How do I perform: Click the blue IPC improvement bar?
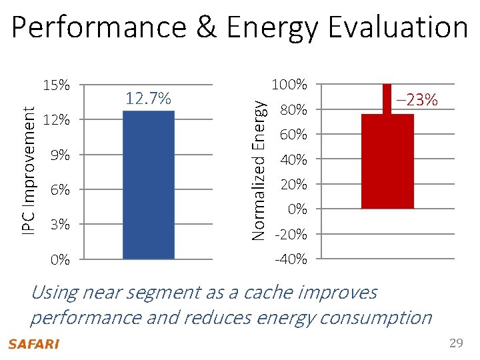coord(149,185)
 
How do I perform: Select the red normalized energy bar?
coord(387,161)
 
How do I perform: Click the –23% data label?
coord(416,101)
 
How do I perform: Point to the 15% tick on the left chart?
coord(56,85)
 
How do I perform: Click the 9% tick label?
coord(60,155)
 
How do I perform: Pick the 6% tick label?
coord(60,190)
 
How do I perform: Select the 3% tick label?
coord(60,225)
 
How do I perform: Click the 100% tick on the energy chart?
coord(291,85)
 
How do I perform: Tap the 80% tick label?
coord(293,110)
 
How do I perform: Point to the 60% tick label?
coord(293,135)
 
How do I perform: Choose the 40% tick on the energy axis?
coord(293,160)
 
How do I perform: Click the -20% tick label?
coord(291,235)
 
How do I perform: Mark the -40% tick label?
coord(291,259)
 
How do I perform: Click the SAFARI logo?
coord(33,344)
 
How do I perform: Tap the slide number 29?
coord(456,343)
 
